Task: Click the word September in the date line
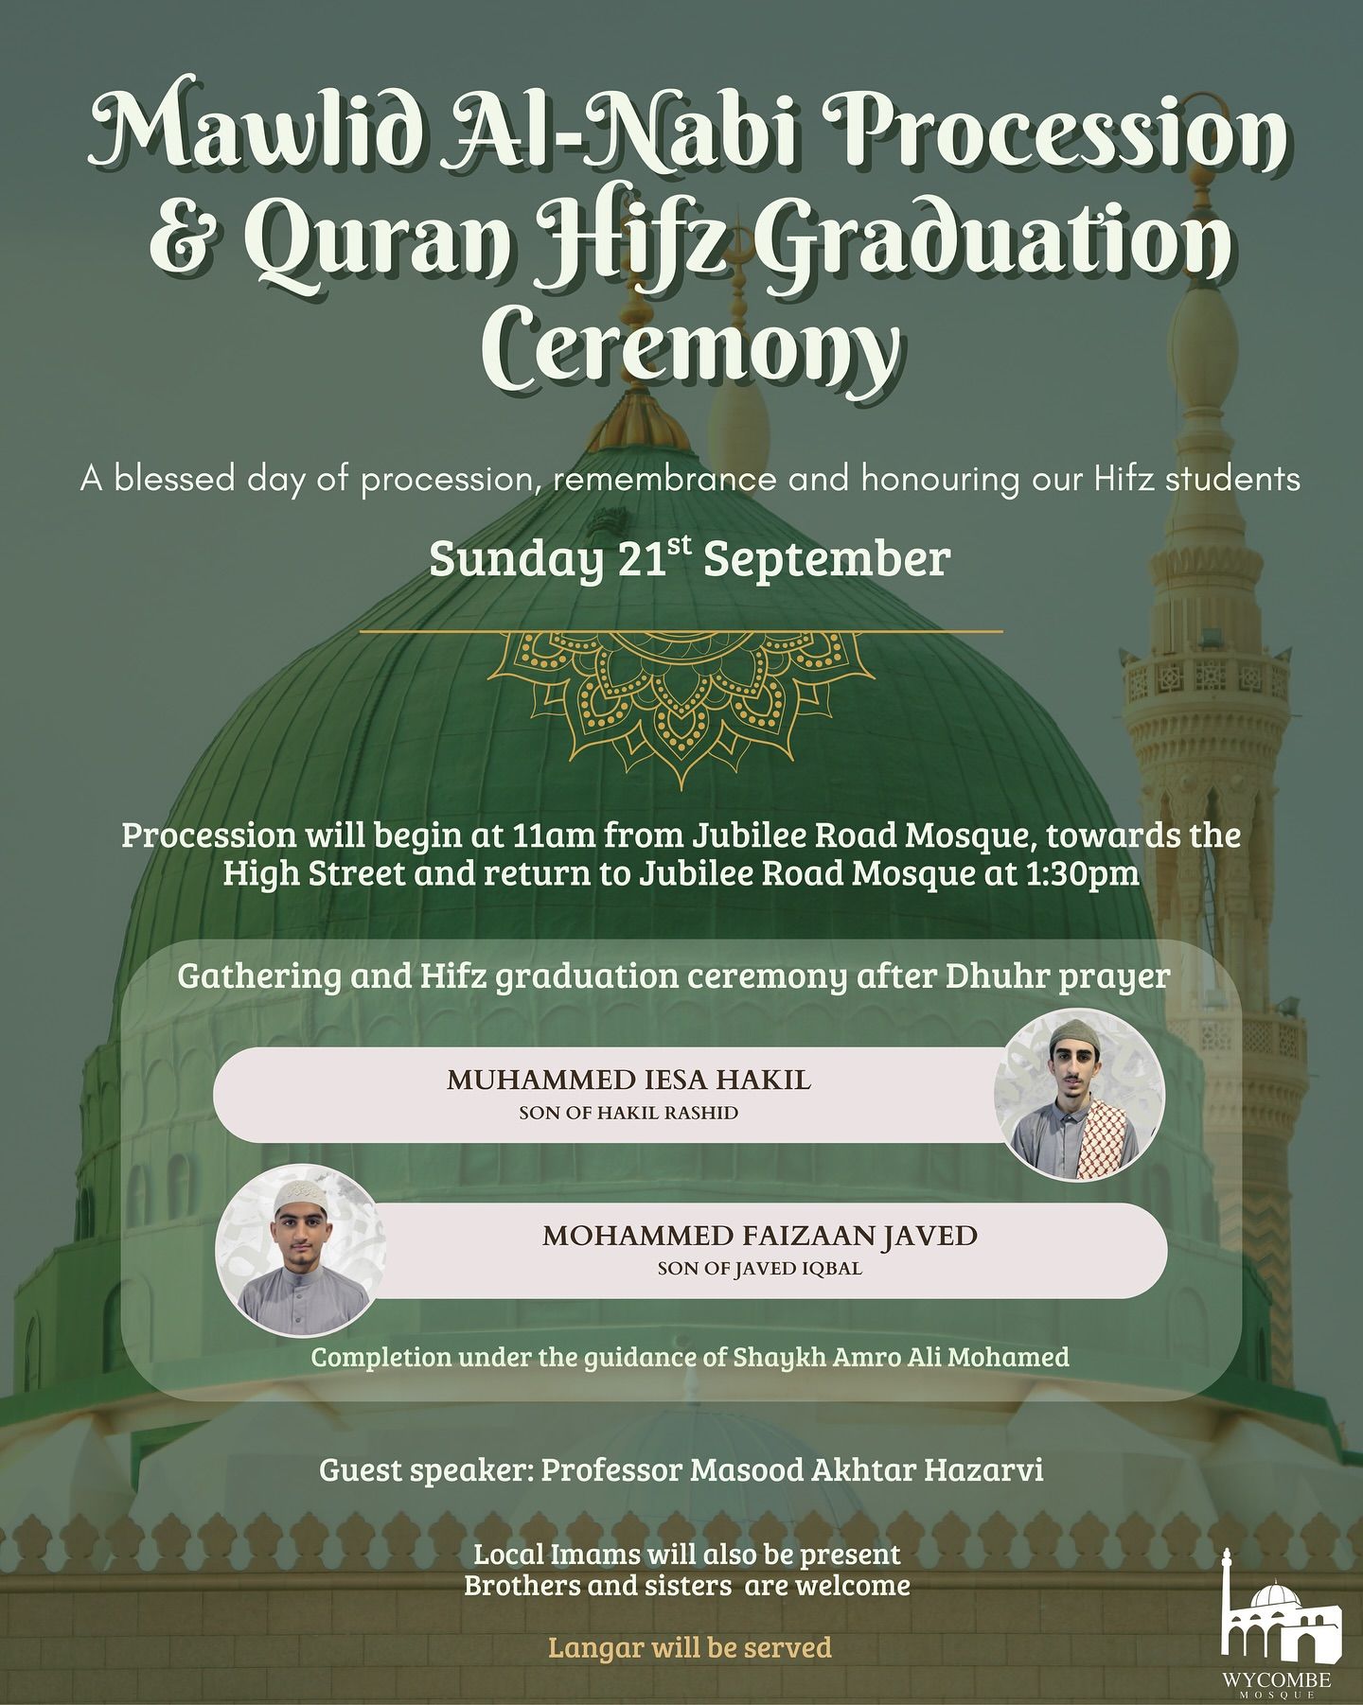[826, 560]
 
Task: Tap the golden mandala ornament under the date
[681, 700]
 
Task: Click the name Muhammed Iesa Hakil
[628, 1081]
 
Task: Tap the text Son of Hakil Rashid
[628, 1114]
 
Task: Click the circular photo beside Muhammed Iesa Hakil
[1079, 1095]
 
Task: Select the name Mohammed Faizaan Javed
[760, 1236]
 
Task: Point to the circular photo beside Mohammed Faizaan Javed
[301, 1250]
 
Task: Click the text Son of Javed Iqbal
[760, 1269]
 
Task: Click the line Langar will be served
[690, 1647]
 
